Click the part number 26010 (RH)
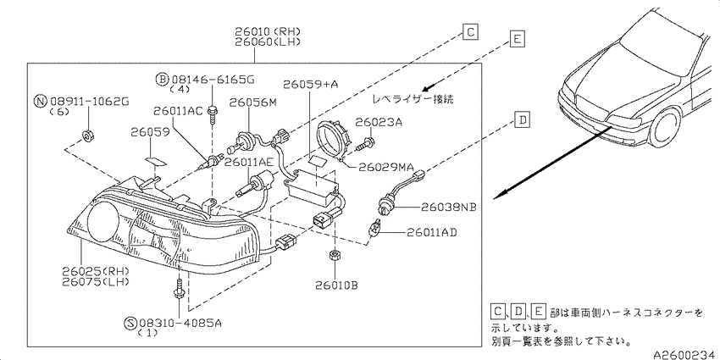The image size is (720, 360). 268,31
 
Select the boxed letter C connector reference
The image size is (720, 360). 470,31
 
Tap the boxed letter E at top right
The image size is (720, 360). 517,39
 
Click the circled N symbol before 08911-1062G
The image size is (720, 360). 42,101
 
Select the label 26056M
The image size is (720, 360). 253,102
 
